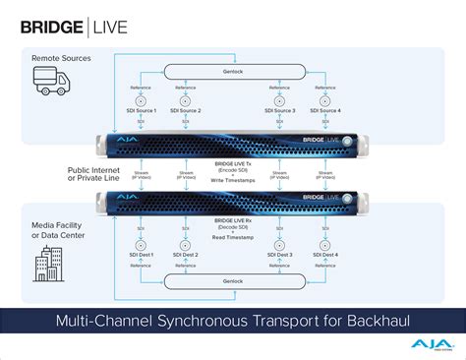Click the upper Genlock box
point(233,71)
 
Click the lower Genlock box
point(233,281)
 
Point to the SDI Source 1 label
point(142,112)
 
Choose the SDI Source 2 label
point(185,112)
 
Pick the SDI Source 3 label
point(280,112)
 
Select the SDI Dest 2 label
point(185,255)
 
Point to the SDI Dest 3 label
point(280,255)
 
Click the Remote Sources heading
point(61,59)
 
